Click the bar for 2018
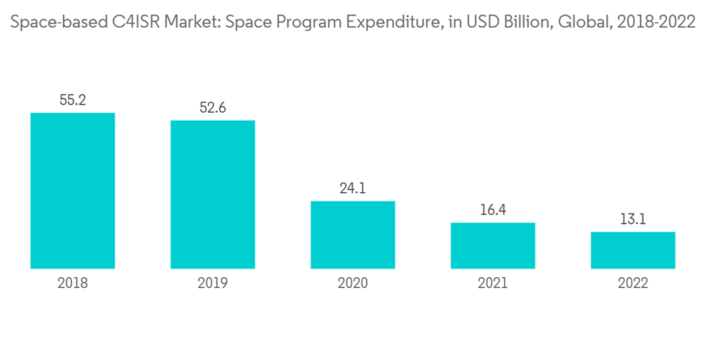pos(73,191)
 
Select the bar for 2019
pos(212,194)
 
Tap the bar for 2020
pos(352,235)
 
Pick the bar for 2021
pos(493,246)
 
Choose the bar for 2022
pos(633,250)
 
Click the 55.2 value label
pos(73,101)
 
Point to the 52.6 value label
pos(212,108)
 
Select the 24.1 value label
pos(352,189)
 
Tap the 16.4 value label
pos(493,211)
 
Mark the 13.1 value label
pos(633,220)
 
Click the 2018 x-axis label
pos(73,284)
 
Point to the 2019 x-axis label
pos(212,284)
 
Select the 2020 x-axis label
pos(352,284)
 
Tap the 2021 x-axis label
pos(493,284)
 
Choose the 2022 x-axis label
pos(633,284)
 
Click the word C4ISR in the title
pos(136,22)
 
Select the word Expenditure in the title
pos(395,22)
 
